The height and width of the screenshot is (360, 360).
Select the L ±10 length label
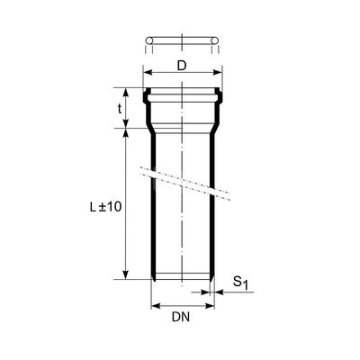pos(105,206)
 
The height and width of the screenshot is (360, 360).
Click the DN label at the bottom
pos(182,319)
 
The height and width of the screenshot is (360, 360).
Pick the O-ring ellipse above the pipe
pos(183,41)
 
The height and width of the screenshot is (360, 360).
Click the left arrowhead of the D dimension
pos(148,73)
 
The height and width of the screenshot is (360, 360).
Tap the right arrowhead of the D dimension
pos(217,73)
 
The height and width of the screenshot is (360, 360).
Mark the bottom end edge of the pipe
pos(183,278)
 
